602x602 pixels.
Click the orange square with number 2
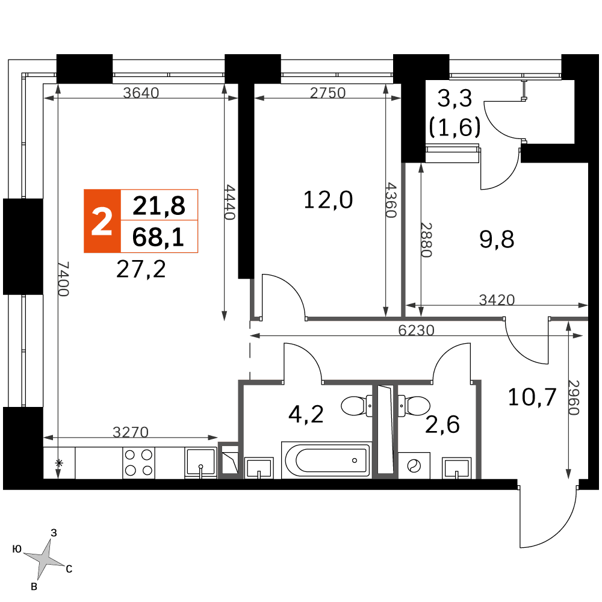click(x=102, y=221)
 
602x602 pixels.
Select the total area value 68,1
click(x=158, y=237)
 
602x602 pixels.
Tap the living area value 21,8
click(x=158, y=206)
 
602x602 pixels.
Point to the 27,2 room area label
click(x=141, y=269)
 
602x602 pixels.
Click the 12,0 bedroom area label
click(x=328, y=200)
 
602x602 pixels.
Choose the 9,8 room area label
click(x=497, y=240)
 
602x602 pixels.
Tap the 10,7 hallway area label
click(x=532, y=397)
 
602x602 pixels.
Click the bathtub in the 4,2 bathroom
click(x=326, y=460)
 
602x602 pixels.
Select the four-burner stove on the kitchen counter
click(x=138, y=462)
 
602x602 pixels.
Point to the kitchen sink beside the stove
click(x=200, y=462)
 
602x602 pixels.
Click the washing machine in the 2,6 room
click(x=414, y=465)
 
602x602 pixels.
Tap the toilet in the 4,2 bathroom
click(x=356, y=406)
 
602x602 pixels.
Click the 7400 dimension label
click(x=64, y=279)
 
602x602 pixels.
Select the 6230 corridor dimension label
click(x=416, y=330)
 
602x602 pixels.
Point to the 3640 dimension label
click(x=141, y=93)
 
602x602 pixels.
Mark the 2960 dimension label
click(x=573, y=398)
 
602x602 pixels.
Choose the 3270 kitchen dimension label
click(x=131, y=432)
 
